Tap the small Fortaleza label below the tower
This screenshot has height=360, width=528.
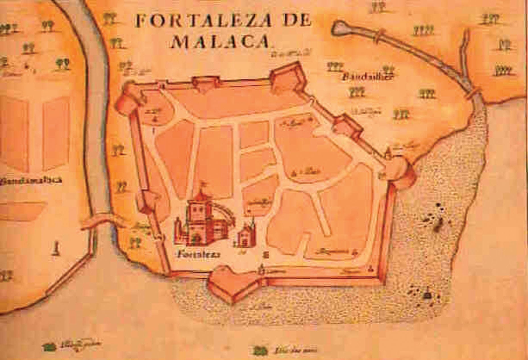coord(198,254)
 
